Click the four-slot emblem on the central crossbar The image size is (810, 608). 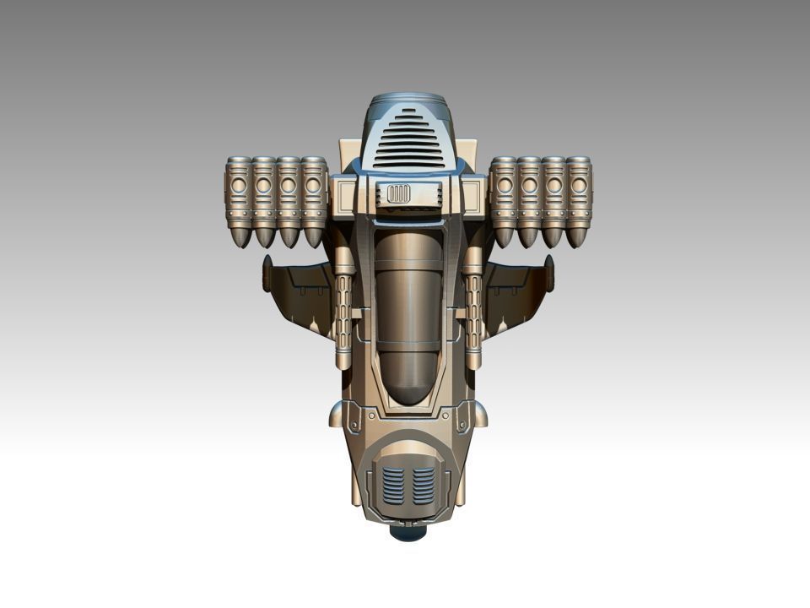pyautogui.click(x=397, y=194)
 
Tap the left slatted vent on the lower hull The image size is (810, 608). pyautogui.click(x=392, y=485)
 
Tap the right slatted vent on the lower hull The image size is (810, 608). pyautogui.click(x=421, y=485)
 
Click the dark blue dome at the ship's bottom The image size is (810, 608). pyautogui.click(x=407, y=534)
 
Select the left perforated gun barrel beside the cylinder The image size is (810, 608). pyautogui.click(x=344, y=312)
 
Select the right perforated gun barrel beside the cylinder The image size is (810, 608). pyautogui.click(x=472, y=312)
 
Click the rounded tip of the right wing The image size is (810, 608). pyautogui.click(x=549, y=273)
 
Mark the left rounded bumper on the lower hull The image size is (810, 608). pyautogui.click(x=336, y=414)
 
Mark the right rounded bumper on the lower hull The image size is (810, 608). pyautogui.click(x=478, y=414)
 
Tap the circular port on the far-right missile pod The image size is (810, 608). pyautogui.click(x=579, y=183)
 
